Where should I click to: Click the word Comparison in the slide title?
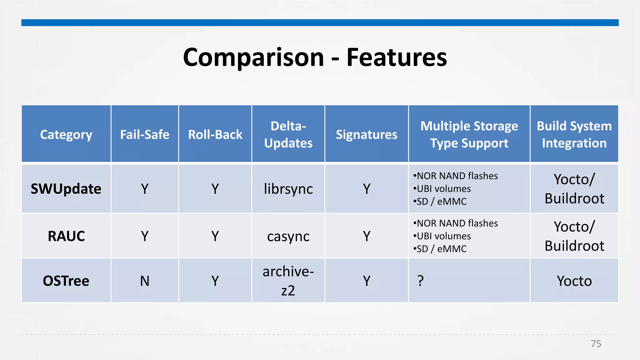tap(253, 57)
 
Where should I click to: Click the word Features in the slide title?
tap(397, 57)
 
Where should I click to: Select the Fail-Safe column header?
tap(145, 135)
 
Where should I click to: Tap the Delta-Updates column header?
tap(288, 134)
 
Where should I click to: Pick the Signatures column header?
tap(367, 135)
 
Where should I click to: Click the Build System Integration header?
tap(574, 134)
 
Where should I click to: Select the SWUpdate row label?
tap(66, 189)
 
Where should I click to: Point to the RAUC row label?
tap(66, 236)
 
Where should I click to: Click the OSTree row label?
tap(66, 281)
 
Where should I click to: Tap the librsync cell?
tap(288, 189)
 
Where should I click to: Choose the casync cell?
tap(288, 236)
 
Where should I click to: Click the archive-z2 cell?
tap(288, 281)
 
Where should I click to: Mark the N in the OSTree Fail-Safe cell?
tap(145, 281)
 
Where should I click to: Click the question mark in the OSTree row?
tap(421, 281)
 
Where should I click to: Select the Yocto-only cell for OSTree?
tap(574, 281)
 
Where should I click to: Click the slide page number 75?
tap(596, 344)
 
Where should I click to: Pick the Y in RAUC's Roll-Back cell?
tap(215, 236)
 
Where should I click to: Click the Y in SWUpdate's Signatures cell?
tap(367, 189)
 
